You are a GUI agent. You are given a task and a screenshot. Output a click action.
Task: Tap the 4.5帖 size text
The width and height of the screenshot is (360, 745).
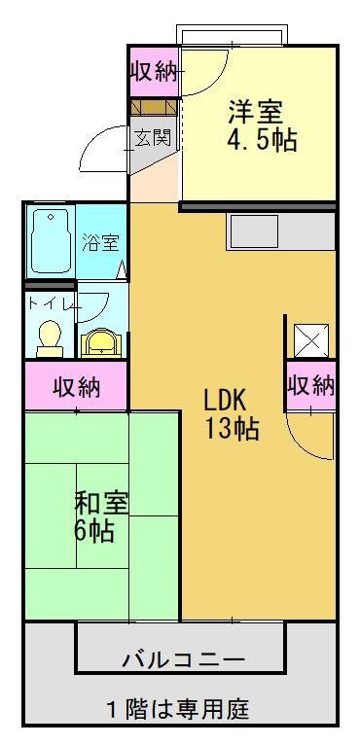coord(262,139)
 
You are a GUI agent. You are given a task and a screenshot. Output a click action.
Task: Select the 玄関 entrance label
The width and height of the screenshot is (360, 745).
coord(153,137)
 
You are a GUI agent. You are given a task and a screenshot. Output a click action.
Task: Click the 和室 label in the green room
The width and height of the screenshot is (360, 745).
coord(102,503)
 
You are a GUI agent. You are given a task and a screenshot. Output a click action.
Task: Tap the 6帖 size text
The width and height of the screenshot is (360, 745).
coord(94,531)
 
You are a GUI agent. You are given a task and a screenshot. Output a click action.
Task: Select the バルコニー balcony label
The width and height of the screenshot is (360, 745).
coord(182,660)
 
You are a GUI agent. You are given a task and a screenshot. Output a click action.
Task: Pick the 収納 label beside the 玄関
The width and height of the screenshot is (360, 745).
coord(153,70)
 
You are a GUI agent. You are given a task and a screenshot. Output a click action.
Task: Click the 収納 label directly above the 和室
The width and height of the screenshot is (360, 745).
coord(76,387)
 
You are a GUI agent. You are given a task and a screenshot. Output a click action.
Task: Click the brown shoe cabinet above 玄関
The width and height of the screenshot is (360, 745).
coord(153,106)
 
